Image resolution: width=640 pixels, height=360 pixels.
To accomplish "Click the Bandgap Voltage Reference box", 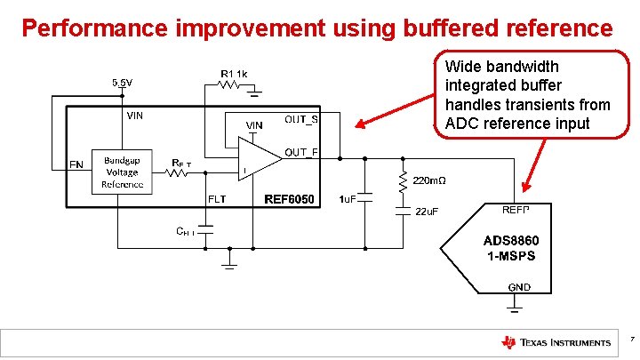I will pyautogui.click(x=122, y=171).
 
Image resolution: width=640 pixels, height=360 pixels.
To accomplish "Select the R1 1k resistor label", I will pyautogui.click(x=235, y=73).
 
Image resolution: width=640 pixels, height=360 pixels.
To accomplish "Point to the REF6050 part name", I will pyautogui.click(x=289, y=200).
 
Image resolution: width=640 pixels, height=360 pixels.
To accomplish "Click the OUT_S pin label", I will pyautogui.click(x=301, y=119).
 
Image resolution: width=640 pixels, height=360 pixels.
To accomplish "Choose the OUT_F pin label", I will pyautogui.click(x=301, y=152).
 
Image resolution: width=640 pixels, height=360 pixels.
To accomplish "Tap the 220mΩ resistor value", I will pyautogui.click(x=428, y=180).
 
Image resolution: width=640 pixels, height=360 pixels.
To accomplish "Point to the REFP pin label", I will pyautogui.click(x=516, y=209).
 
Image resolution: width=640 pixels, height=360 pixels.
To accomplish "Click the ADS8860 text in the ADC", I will pyautogui.click(x=510, y=241).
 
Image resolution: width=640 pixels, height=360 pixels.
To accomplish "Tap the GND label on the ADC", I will pyautogui.click(x=519, y=286).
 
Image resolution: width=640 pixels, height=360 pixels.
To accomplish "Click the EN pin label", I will pyautogui.click(x=76, y=164).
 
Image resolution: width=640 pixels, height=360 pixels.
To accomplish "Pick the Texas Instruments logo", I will pyautogui.click(x=556, y=342).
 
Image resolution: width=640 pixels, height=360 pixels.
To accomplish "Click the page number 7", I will pyautogui.click(x=630, y=339).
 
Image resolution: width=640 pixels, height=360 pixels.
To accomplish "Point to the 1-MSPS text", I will pyautogui.click(x=510, y=256).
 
